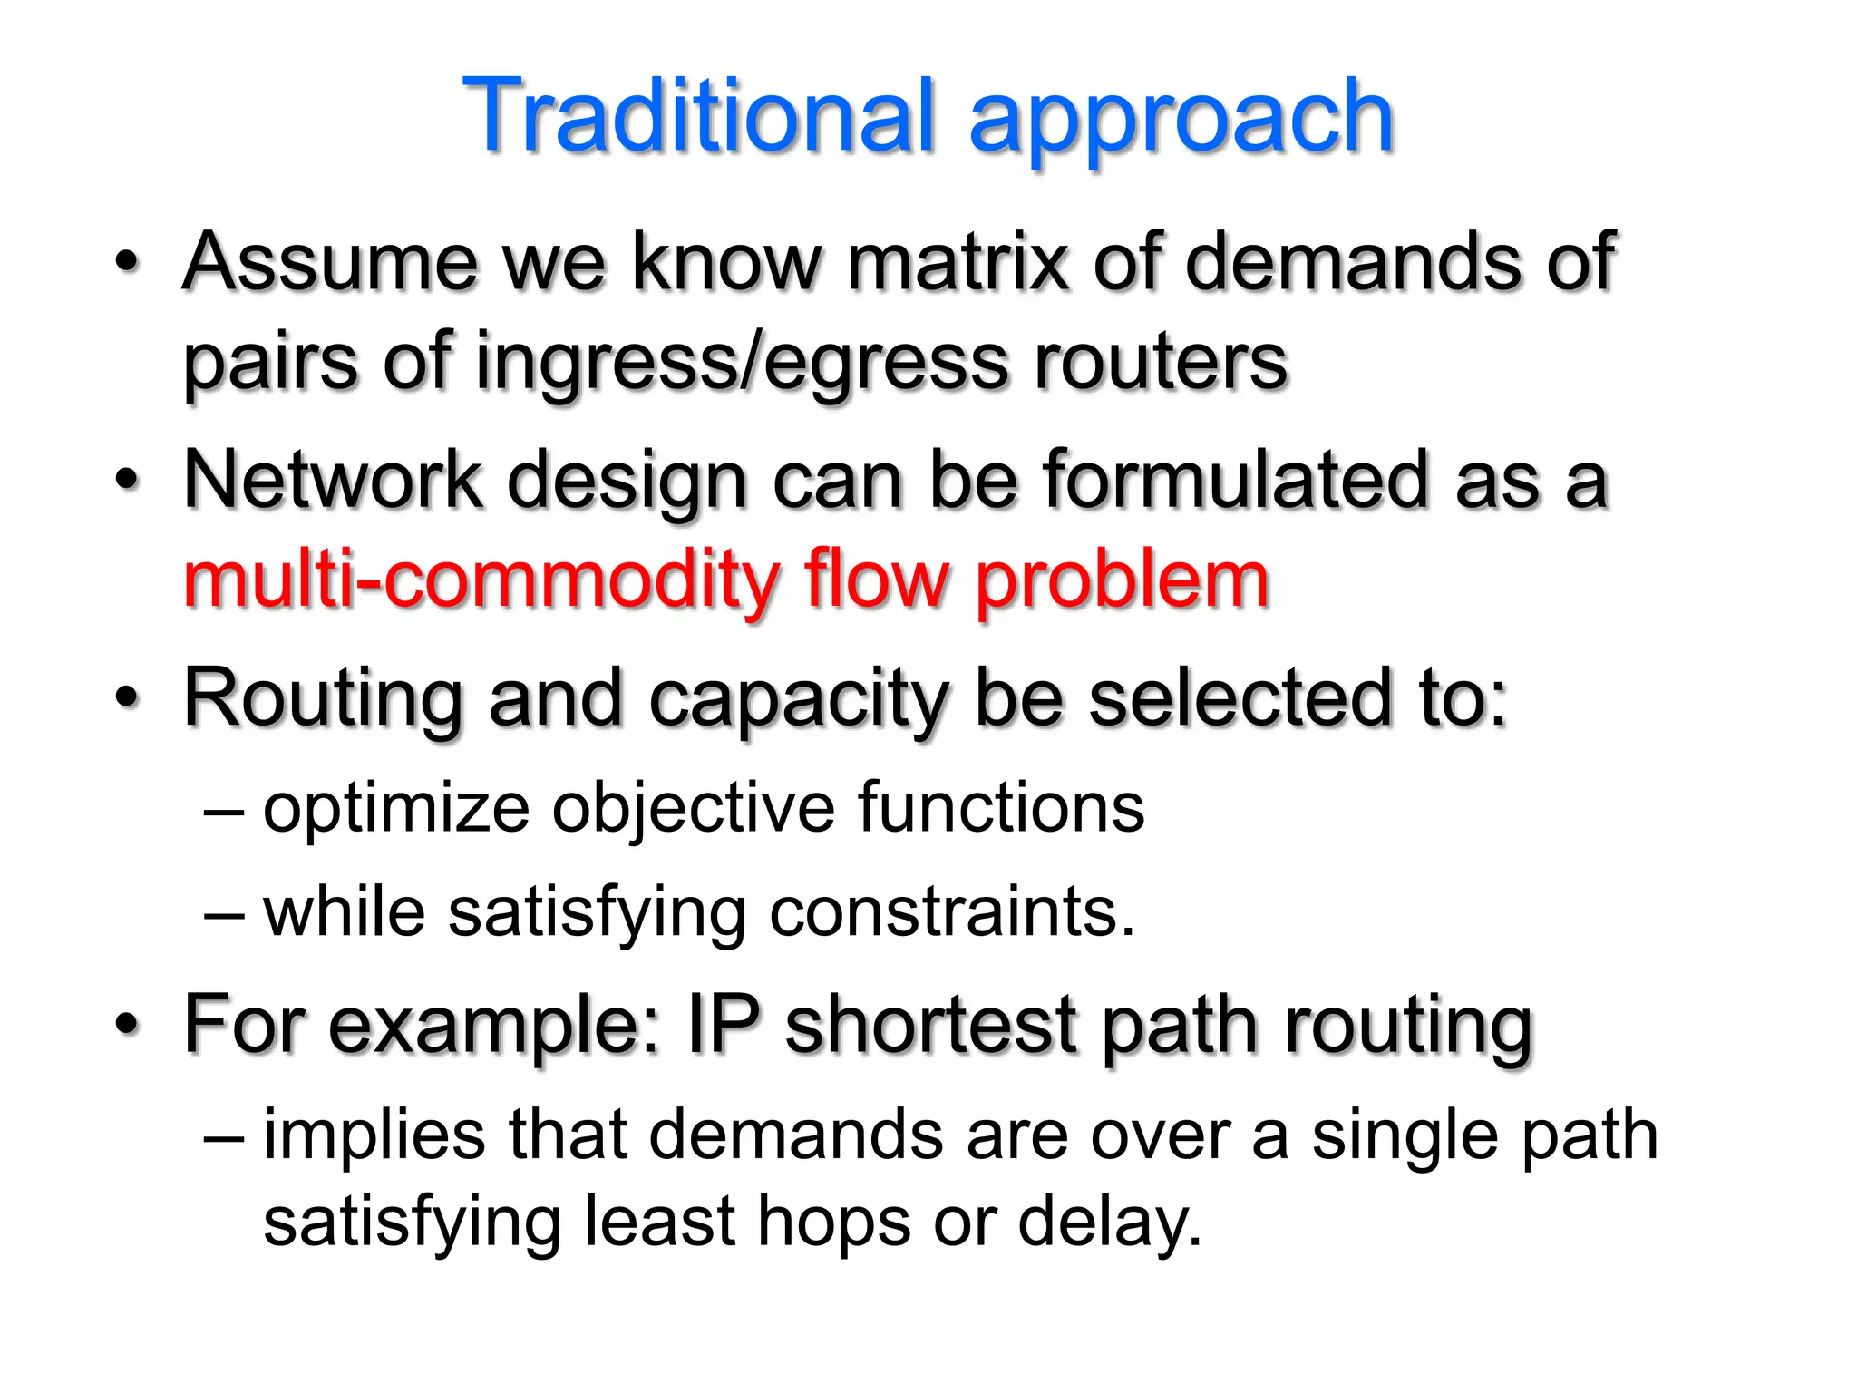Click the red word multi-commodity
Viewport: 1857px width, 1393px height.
481,582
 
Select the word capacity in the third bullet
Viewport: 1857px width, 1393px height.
798,700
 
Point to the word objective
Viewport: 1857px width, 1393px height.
694,808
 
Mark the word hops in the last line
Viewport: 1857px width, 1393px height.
833,1223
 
